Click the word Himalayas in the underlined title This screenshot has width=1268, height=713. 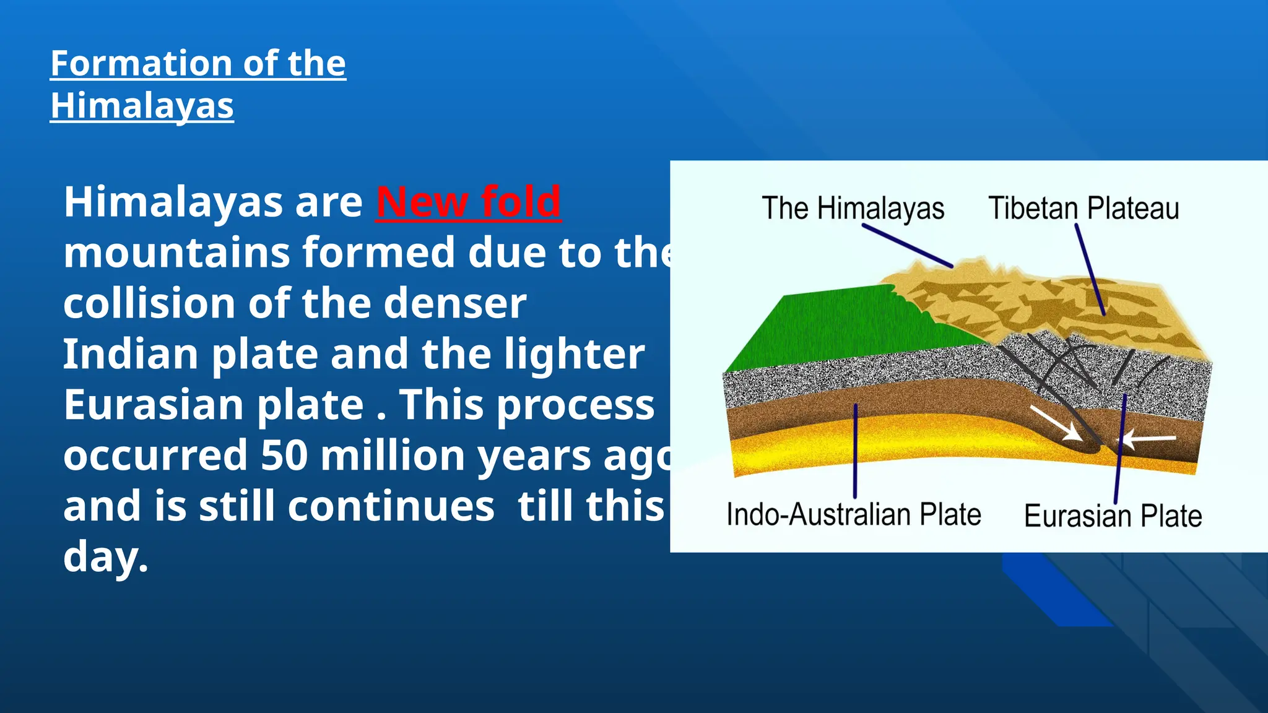pyautogui.click(x=142, y=106)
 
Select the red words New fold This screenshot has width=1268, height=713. pyautogui.click(x=468, y=202)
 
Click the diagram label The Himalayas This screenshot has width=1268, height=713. pyautogui.click(x=853, y=208)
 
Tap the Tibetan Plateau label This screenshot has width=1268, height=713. pyautogui.click(x=1083, y=208)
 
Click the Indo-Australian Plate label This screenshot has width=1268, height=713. pyautogui.click(x=854, y=514)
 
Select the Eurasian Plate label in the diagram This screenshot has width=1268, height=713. pyautogui.click(x=1113, y=516)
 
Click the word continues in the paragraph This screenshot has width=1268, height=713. pyautogui.click(x=391, y=506)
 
